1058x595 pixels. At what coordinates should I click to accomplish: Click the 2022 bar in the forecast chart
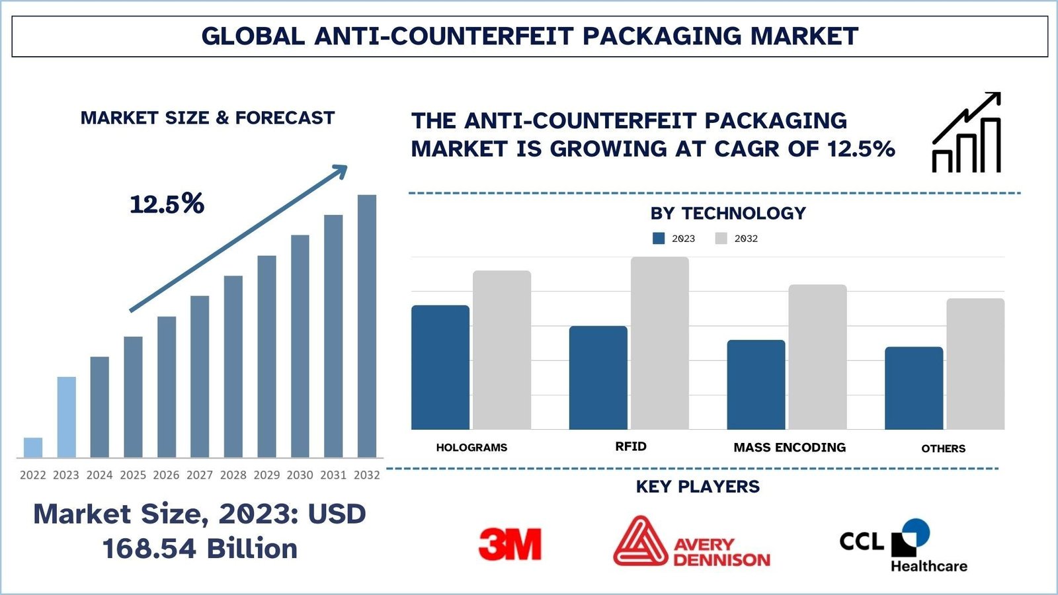tap(33, 448)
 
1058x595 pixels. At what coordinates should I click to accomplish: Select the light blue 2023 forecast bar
tap(66, 417)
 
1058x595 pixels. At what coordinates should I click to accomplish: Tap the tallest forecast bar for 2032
tap(367, 326)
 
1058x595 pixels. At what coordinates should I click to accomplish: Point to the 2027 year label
tap(200, 475)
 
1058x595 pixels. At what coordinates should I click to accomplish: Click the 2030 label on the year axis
tap(300, 475)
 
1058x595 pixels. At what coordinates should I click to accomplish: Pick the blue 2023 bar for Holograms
tap(440, 368)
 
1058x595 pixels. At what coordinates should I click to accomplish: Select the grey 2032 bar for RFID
tap(659, 343)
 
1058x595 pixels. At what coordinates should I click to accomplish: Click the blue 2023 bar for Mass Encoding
tap(756, 385)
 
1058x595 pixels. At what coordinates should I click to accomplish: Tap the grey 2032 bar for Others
tap(975, 364)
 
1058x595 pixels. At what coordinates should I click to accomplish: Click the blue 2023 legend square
tap(659, 239)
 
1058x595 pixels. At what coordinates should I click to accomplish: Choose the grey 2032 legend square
tap(721, 239)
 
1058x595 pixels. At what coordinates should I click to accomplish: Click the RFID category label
tap(631, 447)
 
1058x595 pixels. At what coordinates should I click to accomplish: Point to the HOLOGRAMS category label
tap(471, 448)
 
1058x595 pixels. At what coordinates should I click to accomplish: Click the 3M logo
tap(510, 544)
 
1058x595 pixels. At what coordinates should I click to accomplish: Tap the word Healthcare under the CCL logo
tap(928, 566)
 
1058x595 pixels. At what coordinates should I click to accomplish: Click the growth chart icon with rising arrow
tap(966, 133)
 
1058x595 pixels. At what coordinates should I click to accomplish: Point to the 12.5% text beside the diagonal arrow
tap(167, 204)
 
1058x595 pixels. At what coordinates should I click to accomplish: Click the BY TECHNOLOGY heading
tap(728, 214)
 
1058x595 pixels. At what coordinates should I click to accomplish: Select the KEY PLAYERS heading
tap(698, 487)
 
